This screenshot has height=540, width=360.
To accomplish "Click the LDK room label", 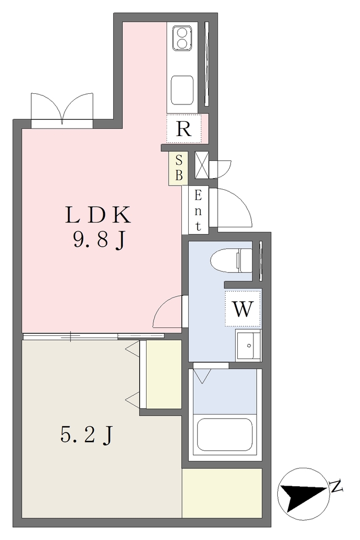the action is [98, 215].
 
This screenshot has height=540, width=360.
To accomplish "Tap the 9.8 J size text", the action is [98, 240].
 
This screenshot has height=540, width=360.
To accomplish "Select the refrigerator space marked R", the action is [184, 129].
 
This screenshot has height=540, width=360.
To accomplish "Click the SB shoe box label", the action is [179, 168].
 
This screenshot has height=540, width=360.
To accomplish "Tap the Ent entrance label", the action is [198, 210].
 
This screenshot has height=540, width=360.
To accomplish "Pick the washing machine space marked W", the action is [243, 308].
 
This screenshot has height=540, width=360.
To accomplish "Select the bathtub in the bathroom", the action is [225, 435].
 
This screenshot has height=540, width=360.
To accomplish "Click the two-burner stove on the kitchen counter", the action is [182, 38].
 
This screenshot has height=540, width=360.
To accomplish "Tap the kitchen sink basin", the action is [182, 90].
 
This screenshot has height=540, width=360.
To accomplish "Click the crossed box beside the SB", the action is [202, 165].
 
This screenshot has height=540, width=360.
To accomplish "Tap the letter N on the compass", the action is [336, 486].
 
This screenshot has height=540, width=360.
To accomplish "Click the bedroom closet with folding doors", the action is [160, 374].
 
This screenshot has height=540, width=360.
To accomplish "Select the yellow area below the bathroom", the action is [222, 493].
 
